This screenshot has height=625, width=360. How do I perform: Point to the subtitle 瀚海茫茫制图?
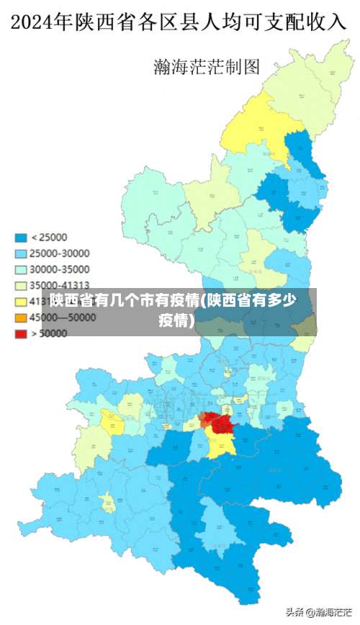pos(207,67)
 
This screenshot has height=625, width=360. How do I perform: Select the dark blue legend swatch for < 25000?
pos(22,238)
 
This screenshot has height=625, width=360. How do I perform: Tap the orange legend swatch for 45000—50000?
pos(22,318)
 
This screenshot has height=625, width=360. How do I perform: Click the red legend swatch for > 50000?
pos(22,333)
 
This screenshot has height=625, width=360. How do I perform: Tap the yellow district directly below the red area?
pos(220,445)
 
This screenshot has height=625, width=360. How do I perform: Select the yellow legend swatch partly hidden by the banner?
pos(22,301)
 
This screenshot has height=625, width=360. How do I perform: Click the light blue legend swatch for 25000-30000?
pos(22,253)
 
